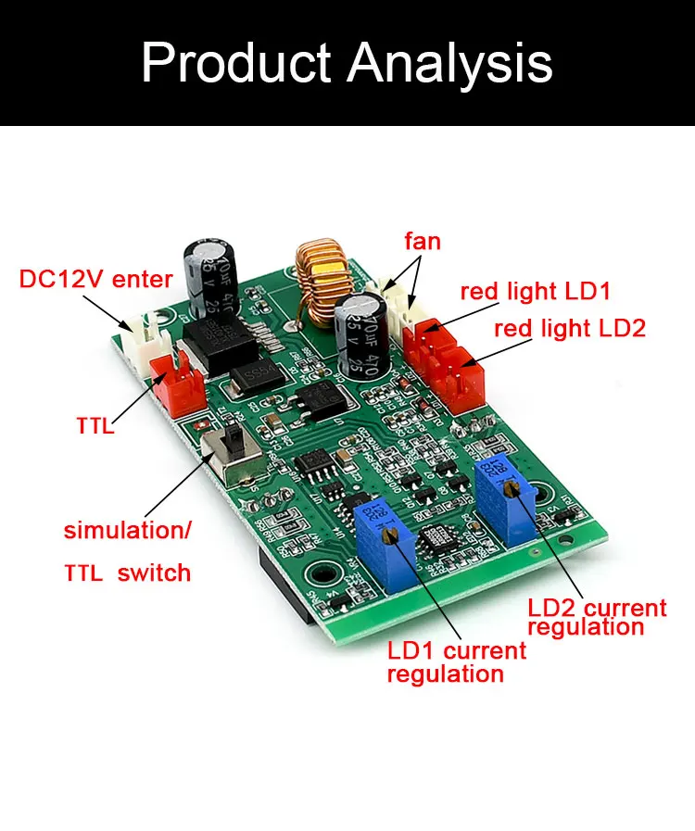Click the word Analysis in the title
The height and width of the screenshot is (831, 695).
[x=451, y=64]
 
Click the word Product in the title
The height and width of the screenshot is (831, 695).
[x=235, y=62]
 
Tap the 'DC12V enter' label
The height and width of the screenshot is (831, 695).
[x=96, y=279]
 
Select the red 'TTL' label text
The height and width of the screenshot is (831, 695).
[x=95, y=427]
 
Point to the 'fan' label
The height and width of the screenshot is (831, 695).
[x=423, y=242]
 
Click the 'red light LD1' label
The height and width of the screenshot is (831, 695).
[x=536, y=291]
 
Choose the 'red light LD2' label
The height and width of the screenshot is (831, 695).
[x=569, y=328]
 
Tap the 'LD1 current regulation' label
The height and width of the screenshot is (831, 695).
[x=456, y=661]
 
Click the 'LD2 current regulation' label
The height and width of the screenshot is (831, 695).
[x=596, y=617]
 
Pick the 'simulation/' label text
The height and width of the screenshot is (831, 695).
[x=127, y=531]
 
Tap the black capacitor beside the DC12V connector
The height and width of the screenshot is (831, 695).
[x=214, y=278]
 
